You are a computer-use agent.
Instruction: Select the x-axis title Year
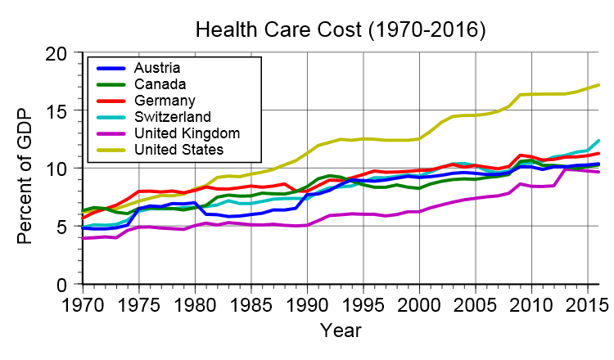[x=341, y=331]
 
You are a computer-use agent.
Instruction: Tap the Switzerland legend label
[x=172, y=116]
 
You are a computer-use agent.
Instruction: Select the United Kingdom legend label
[x=186, y=133]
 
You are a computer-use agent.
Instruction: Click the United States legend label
[x=178, y=149]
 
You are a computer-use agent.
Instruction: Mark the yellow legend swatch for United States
[x=111, y=149]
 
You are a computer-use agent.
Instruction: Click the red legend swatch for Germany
[x=111, y=100]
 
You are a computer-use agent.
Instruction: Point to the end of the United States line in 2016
[x=599, y=85]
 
